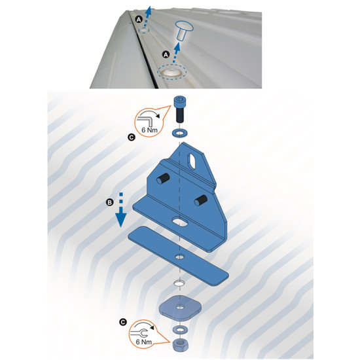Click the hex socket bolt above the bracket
click(180, 109)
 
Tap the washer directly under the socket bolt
click(180, 133)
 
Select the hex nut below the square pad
click(180, 345)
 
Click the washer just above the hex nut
click(180, 330)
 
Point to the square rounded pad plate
click(180, 307)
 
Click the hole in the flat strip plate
click(180, 257)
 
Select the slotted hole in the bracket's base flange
click(180, 221)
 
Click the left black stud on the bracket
click(163, 179)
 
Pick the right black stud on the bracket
click(201, 200)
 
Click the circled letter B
click(110, 202)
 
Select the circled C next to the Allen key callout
click(132, 137)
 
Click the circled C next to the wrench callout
click(123, 322)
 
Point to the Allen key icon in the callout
click(144, 120)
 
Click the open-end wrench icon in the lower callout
click(139, 333)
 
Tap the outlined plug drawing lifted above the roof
click(183, 30)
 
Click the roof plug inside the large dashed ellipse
click(171, 72)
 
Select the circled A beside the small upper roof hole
click(139, 20)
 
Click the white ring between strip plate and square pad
click(180, 283)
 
